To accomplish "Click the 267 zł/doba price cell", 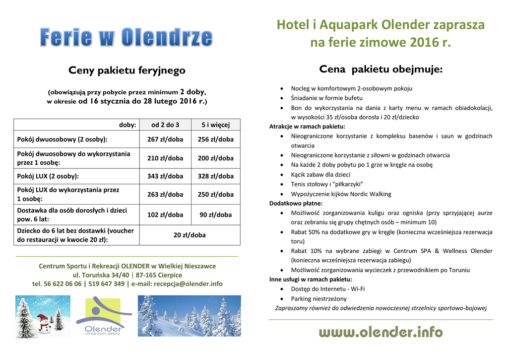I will [x=165, y=140].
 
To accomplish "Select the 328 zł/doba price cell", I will [x=215, y=176].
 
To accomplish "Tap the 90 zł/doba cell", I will [x=215, y=215].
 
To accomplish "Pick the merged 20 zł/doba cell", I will [x=190, y=235].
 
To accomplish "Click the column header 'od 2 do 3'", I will [x=165, y=125].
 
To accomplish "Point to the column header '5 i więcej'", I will [x=215, y=125].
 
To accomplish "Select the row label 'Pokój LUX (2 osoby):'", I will [x=48, y=176].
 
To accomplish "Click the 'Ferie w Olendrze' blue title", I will [x=127, y=37].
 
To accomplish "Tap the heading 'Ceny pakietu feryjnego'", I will [x=127, y=71].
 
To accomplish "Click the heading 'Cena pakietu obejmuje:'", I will [x=381, y=69].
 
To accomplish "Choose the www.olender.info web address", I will [x=381, y=332].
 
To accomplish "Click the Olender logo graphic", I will [x=103, y=317].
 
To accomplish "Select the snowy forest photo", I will [x=189, y=316].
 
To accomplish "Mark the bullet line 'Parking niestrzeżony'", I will [x=318, y=299].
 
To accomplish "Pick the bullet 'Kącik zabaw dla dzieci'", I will [x=320, y=174].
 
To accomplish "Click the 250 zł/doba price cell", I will [x=215, y=195].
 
